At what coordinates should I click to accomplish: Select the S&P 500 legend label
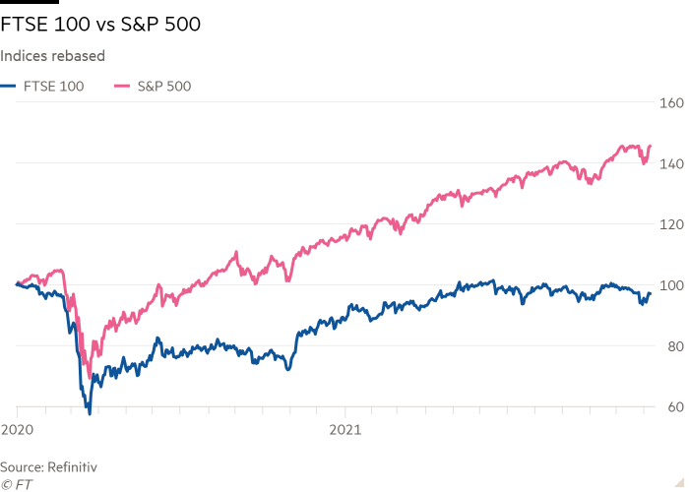tap(162, 87)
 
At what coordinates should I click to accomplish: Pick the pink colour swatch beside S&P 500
tap(123, 87)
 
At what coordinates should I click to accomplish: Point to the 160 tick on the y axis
tap(671, 102)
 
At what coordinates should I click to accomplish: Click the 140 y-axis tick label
tap(671, 163)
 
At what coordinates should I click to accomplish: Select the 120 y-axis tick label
tap(671, 224)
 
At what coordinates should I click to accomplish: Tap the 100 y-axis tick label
tap(671, 285)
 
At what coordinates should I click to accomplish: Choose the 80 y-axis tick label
tap(673, 346)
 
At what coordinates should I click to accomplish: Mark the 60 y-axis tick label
tap(673, 407)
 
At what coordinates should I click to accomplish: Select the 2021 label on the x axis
tap(344, 430)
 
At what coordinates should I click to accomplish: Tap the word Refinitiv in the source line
tap(74, 465)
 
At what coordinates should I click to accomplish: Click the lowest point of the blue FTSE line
tap(89, 411)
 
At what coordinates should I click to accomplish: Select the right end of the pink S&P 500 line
tap(650, 146)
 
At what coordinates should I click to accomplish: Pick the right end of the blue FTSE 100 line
tap(650, 292)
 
